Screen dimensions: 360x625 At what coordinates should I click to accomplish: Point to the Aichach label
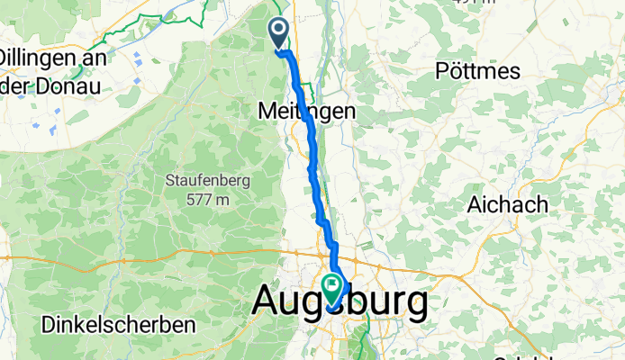coord(507,204)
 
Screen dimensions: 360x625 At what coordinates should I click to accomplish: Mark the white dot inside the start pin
coord(278,30)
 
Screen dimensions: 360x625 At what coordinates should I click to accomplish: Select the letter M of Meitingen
coord(267,112)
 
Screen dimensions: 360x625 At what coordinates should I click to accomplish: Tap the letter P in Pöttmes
coord(442,69)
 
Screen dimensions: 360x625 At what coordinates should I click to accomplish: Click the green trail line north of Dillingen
coord(108,33)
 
